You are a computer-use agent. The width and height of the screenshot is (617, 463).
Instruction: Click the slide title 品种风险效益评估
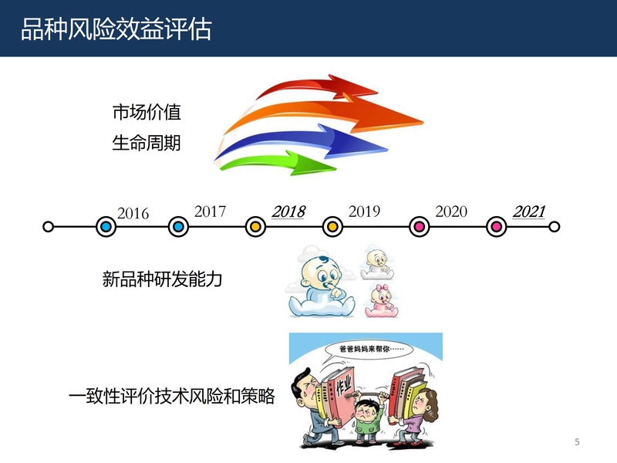[116, 29]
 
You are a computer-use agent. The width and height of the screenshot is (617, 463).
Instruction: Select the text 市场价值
[147, 112]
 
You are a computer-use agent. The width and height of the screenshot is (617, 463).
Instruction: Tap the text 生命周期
[147, 143]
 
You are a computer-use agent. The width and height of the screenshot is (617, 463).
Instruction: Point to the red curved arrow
[315, 86]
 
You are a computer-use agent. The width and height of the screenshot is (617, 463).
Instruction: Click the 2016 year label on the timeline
[133, 214]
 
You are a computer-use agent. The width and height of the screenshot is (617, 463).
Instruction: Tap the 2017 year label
[210, 211]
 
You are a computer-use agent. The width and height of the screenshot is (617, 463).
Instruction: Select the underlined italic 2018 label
[288, 211]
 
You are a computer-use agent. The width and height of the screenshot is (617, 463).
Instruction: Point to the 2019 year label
[364, 211]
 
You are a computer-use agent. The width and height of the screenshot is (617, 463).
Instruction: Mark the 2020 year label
[451, 211]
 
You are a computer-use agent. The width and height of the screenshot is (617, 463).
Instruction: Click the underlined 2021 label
[529, 211]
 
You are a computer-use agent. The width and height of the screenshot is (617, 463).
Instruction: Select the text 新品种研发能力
[162, 279]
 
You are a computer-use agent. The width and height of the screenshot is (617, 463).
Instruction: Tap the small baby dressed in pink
[381, 301]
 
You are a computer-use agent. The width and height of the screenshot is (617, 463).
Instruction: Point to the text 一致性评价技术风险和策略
[171, 396]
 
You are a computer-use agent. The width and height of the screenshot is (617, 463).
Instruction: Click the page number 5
[577, 441]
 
